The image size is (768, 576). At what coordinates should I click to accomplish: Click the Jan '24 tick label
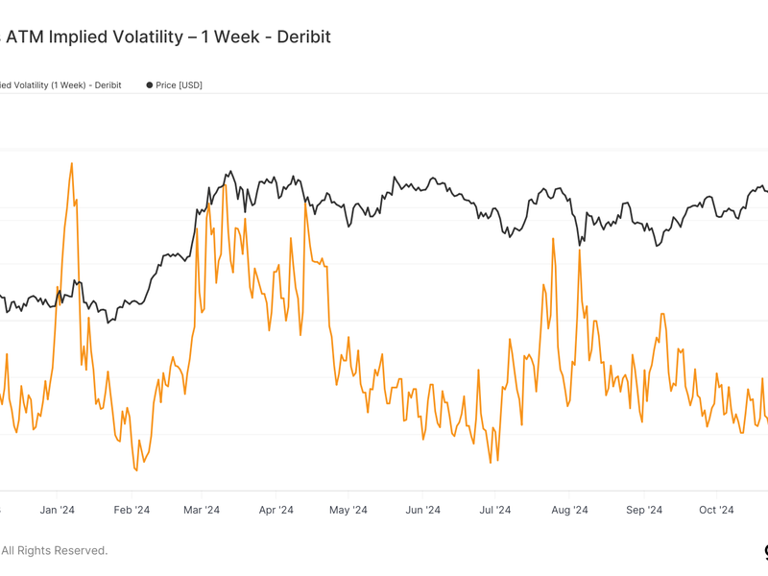[x=57, y=511]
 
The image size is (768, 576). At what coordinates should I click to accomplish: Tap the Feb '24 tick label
[x=131, y=511]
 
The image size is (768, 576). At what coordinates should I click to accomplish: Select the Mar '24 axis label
[x=201, y=511]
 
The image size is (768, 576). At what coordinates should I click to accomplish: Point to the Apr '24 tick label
[x=276, y=511]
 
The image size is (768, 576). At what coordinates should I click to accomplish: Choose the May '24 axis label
[x=348, y=511]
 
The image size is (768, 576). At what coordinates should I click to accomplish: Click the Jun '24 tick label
[x=421, y=511]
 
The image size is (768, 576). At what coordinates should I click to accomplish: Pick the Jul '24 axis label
[x=493, y=511]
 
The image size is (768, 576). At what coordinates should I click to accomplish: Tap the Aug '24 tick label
[x=569, y=511]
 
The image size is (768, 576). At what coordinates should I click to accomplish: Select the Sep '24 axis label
[x=642, y=511]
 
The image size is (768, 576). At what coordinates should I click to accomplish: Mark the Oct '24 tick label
[x=716, y=511]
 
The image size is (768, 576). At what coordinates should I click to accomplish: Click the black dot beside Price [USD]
[x=150, y=85]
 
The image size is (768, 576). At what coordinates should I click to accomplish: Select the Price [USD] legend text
[x=179, y=85]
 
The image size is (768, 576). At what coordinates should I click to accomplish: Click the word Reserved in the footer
[x=81, y=551]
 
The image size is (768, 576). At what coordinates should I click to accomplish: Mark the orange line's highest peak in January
[x=72, y=163]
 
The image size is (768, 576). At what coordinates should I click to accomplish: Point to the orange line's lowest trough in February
[x=135, y=470]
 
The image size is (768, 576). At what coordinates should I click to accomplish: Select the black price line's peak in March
[x=231, y=172]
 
